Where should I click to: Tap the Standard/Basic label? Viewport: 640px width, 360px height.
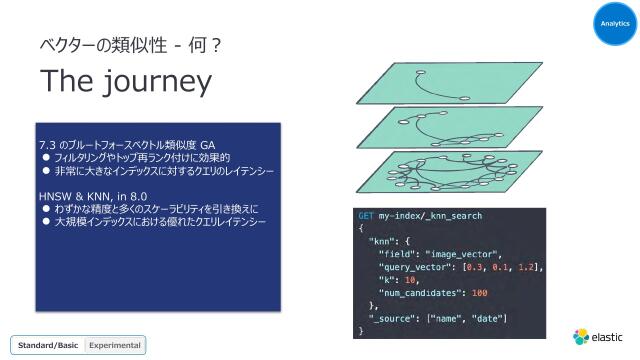pyautogui.click(x=48, y=345)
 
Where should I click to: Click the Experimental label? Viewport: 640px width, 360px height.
pyautogui.click(x=116, y=345)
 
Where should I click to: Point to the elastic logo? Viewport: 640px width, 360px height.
pyautogui.click(x=598, y=336)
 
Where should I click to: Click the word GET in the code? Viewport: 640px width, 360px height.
pyautogui.click(x=367, y=216)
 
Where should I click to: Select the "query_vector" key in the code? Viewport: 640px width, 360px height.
pyautogui.click(x=411, y=267)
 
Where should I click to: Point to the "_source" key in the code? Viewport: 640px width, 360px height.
pyautogui.click(x=393, y=318)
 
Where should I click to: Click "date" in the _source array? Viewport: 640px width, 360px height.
pyautogui.click(x=487, y=318)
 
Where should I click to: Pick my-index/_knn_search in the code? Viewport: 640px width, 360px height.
pyautogui.click(x=431, y=216)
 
